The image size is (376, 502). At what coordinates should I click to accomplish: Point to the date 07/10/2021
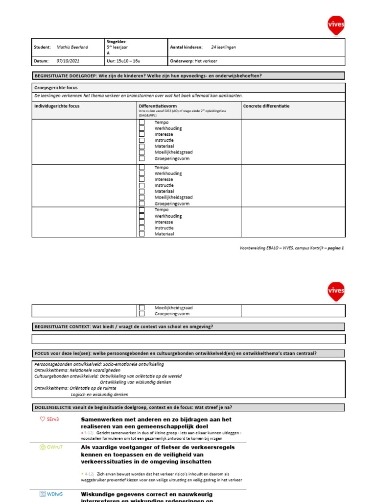pos(68,61)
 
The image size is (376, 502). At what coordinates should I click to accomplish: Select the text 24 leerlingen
pos(223,47)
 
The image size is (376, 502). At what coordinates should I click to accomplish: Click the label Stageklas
pos(116,42)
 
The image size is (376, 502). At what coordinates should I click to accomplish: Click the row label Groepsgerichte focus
pos(56,88)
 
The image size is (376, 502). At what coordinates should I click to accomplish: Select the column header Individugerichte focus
pos(57,106)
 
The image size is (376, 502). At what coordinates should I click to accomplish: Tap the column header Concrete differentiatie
pos(266,106)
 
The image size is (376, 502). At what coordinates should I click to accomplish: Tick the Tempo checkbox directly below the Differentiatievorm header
pos(141,123)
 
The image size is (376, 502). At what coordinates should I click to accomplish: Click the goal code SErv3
pos(53,420)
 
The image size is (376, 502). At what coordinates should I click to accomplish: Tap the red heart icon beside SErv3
pos(43,420)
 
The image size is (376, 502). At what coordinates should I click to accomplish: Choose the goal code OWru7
pos(55,447)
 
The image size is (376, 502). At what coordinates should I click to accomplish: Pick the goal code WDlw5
pos(55,494)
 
